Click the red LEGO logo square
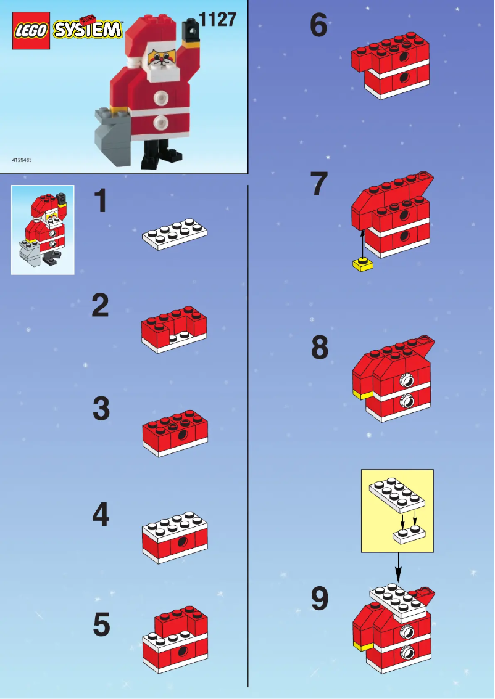click(x=31, y=30)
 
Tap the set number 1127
click(x=217, y=20)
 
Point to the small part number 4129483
click(x=22, y=160)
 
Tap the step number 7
click(x=318, y=184)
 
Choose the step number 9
click(x=319, y=599)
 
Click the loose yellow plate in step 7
click(x=363, y=265)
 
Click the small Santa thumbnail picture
click(x=43, y=229)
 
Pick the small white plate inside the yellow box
click(x=410, y=534)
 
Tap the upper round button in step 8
click(x=407, y=380)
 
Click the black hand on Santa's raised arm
click(x=193, y=27)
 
